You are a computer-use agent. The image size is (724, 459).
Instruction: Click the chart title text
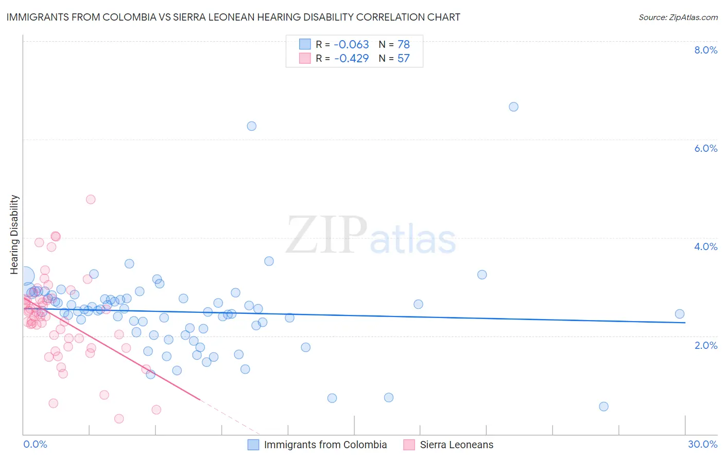click(233, 17)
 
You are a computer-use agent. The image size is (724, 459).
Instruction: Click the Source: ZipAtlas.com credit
click(678, 17)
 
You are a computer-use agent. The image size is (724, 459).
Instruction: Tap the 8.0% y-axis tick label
click(705, 50)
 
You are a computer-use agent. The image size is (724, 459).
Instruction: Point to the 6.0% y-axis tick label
click(705, 148)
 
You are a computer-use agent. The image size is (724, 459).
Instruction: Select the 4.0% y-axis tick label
click(705, 246)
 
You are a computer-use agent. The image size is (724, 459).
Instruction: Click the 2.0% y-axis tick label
click(705, 345)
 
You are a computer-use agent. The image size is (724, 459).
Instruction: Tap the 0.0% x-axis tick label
click(35, 444)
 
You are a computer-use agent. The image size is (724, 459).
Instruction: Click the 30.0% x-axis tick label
click(702, 444)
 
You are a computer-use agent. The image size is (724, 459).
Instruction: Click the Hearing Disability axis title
click(14, 235)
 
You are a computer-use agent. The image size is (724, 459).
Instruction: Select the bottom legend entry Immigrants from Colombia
click(325, 445)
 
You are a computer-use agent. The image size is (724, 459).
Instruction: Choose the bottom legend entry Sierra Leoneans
click(456, 445)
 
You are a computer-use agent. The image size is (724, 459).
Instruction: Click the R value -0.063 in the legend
click(351, 45)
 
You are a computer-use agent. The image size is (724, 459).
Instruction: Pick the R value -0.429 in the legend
click(351, 59)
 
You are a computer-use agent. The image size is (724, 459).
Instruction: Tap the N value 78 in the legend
click(403, 45)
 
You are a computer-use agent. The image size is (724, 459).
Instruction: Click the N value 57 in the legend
click(403, 59)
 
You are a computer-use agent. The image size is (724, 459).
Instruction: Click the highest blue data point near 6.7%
click(513, 107)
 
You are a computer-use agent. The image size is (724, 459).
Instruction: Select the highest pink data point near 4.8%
click(91, 199)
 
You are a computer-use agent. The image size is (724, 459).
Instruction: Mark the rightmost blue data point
click(679, 314)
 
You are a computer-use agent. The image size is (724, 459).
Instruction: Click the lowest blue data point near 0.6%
click(604, 407)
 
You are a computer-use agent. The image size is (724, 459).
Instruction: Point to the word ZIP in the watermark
click(326, 236)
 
